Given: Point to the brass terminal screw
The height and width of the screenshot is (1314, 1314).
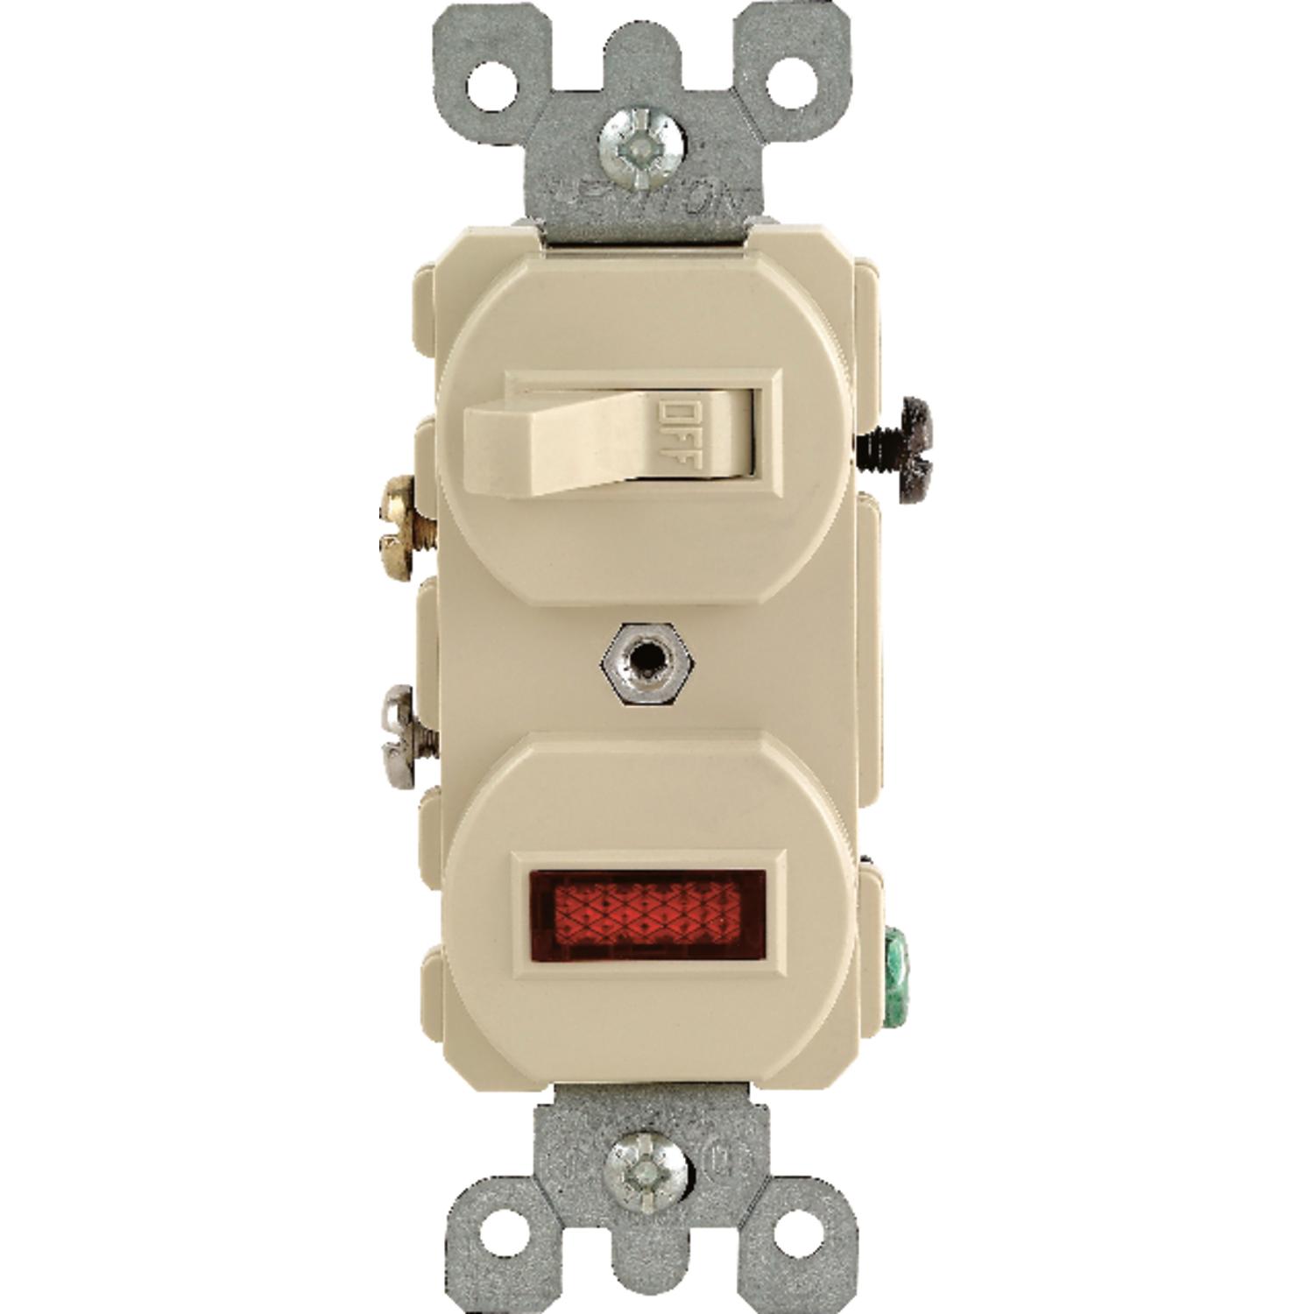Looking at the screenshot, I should point(405,527).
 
